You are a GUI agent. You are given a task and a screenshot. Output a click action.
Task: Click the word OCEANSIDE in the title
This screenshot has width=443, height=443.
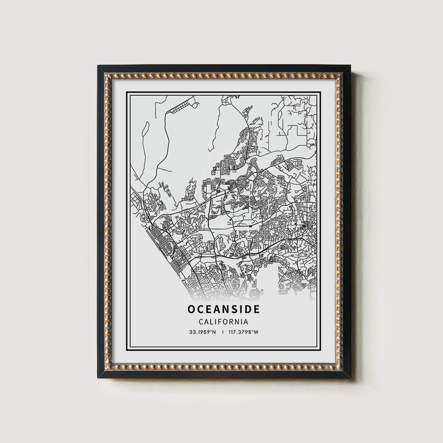[224, 308]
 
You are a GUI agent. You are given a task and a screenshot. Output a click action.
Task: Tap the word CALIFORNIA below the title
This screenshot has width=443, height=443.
[224, 322]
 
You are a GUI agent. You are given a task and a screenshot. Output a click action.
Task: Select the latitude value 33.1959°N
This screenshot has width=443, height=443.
[202, 333]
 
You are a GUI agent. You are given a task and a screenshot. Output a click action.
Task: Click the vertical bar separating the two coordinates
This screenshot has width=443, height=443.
[223, 333]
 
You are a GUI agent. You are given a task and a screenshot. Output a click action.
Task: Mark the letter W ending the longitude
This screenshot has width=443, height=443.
[256, 333]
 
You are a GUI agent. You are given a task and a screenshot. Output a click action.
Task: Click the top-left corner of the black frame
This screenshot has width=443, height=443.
[98, 66]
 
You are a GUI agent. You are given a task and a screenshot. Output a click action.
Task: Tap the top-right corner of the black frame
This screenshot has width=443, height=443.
[350, 66]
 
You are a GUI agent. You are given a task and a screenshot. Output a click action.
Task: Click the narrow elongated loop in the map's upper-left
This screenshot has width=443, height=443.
[145, 126]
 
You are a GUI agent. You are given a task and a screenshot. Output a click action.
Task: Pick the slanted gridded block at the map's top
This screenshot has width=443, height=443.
[183, 106]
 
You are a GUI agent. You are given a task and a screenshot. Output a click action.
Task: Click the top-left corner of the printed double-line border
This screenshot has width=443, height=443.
[126, 92]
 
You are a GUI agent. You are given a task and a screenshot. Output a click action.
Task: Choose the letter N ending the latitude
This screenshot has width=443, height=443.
[214, 333]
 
